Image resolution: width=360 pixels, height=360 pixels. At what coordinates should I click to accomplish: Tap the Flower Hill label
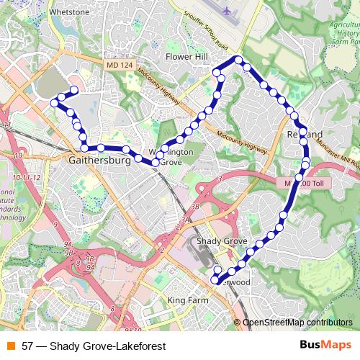(186, 56)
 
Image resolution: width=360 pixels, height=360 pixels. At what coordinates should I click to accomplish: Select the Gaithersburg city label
(99, 161)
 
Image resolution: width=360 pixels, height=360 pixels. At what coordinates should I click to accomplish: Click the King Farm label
(187, 300)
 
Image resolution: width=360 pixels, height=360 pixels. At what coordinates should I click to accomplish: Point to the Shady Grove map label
(222, 241)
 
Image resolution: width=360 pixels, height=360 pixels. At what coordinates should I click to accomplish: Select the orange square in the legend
(9, 346)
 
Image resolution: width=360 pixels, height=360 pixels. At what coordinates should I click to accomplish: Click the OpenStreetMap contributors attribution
(297, 323)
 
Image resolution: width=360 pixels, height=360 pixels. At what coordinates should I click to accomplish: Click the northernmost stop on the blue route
(238, 59)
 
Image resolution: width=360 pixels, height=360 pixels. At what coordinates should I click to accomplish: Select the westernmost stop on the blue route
(53, 104)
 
